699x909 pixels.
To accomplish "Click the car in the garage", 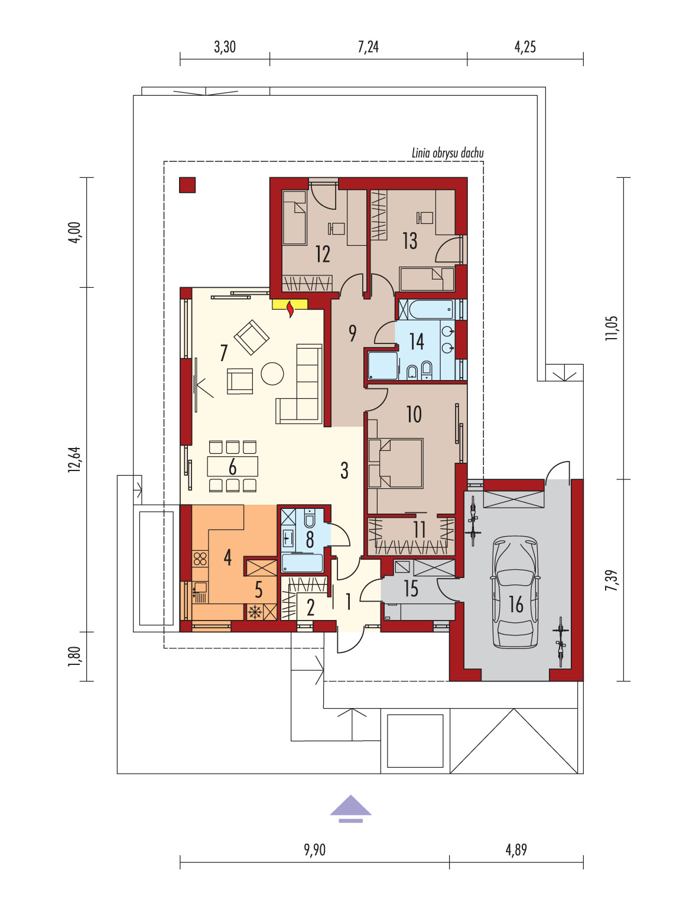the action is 515,592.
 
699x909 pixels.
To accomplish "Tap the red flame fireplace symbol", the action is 290,310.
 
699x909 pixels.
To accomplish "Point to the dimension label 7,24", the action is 368,47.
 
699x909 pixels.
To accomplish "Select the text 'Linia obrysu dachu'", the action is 447,153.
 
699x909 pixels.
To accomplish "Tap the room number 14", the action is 417,341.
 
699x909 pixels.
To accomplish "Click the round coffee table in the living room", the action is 272,373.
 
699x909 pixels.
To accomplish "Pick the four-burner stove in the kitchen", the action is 200,559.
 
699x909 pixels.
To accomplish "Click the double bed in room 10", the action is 395,463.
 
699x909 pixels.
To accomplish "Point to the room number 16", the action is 516,604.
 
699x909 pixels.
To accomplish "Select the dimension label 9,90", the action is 314,849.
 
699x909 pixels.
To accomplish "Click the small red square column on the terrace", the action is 187,185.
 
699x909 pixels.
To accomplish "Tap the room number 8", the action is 310,540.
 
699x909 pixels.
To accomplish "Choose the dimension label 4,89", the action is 516,849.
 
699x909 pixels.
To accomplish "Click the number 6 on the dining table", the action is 232,467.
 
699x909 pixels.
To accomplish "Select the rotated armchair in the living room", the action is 251,337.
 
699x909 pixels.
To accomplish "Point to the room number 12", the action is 323,254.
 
